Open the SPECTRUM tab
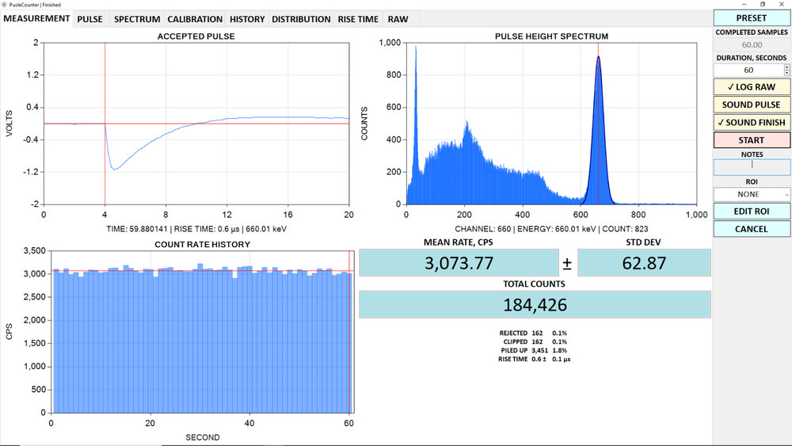pyautogui.click(x=137, y=19)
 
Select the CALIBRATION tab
pyautogui.click(x=194, y=19)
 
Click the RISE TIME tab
pyautogui.click(x=358, y=19)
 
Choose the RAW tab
pyautogui.click(x=398, y=19)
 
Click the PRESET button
pyautogui.click(x=751, y=18)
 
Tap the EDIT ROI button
pyautogui.click(x=751, y=212)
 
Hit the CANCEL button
pyautogui.click(x=751, y=229)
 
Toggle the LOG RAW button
pyautogui.click(x=751, y=87)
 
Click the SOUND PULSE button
pyautogui.click(x=751, y=105)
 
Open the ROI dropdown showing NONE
pyautogui.click(x=751, y=194)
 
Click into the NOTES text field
pyautogui.click(x=751, y=166)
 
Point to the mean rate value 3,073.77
pyautogui.click(x=459, y=263)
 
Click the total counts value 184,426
pyautogui.click(x=535, y=305)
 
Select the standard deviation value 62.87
pyautogui.click(x=644, y=263)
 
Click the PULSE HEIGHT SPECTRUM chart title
pyautogui.click(x=551, y=36)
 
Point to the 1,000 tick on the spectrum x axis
pyautogui.click(x=696, y=215)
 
